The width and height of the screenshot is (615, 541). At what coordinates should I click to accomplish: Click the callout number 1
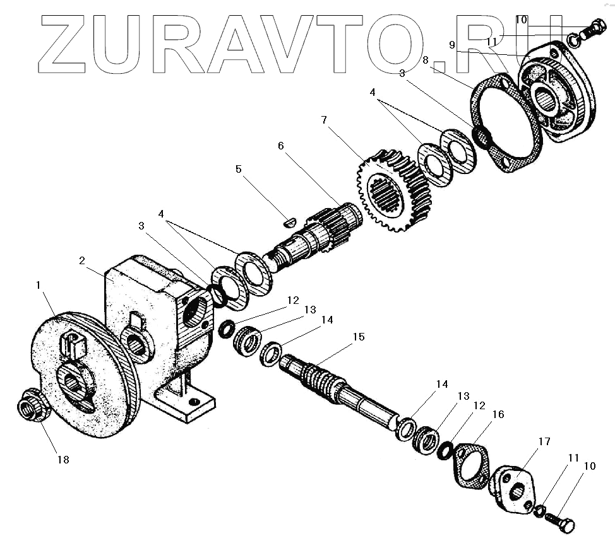tap(40, 285)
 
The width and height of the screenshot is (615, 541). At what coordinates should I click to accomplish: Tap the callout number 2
tap(82, 260)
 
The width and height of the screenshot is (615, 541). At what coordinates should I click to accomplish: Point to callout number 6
tap(281, 146)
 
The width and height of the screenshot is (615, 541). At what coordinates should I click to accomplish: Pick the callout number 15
tap(358, 337)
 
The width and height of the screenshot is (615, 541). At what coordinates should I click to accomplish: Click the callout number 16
tap(498, 414)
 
